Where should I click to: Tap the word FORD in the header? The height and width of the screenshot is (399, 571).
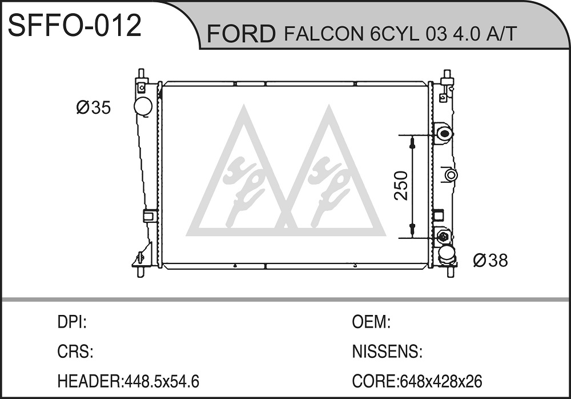coord(241,34)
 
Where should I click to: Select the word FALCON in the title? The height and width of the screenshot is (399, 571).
coord(324,34)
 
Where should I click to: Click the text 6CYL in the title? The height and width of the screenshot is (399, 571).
coord(393,34)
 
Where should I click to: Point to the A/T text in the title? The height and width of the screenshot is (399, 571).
coord(502,34)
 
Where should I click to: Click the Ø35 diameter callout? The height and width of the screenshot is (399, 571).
coord(93,107)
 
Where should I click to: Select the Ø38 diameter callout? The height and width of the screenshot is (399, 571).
coord(490,261)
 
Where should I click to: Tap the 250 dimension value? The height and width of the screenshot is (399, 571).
coord(401,185)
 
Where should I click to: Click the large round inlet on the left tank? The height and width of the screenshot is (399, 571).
coord(143,106)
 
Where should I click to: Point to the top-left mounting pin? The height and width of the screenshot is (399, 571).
coord(141,75)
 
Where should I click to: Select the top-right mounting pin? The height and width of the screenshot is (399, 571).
coord(447,75)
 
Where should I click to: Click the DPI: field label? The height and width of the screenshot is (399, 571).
coord(72,322)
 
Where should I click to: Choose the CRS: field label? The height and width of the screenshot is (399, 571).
coord(75,352)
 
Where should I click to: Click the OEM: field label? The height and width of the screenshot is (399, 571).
coord(371,322)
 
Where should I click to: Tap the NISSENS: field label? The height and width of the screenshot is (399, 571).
coord(387,352)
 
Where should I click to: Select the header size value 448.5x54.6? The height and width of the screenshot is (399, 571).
coord(162,381)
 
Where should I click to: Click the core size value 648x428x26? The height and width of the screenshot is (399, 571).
coord(441,381)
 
